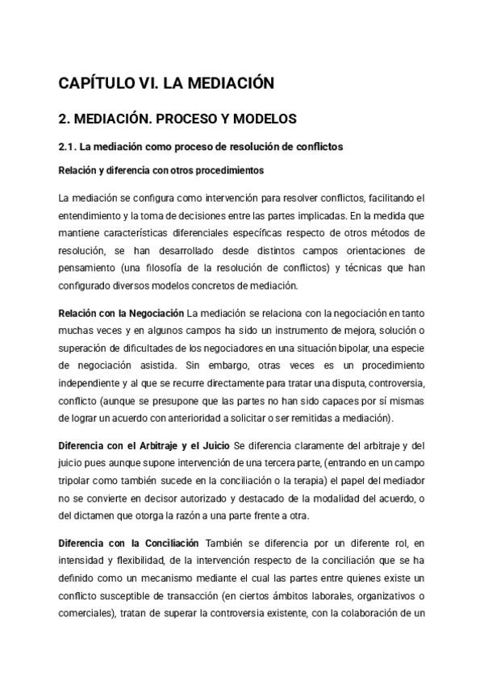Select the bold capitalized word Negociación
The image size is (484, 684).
156,312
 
